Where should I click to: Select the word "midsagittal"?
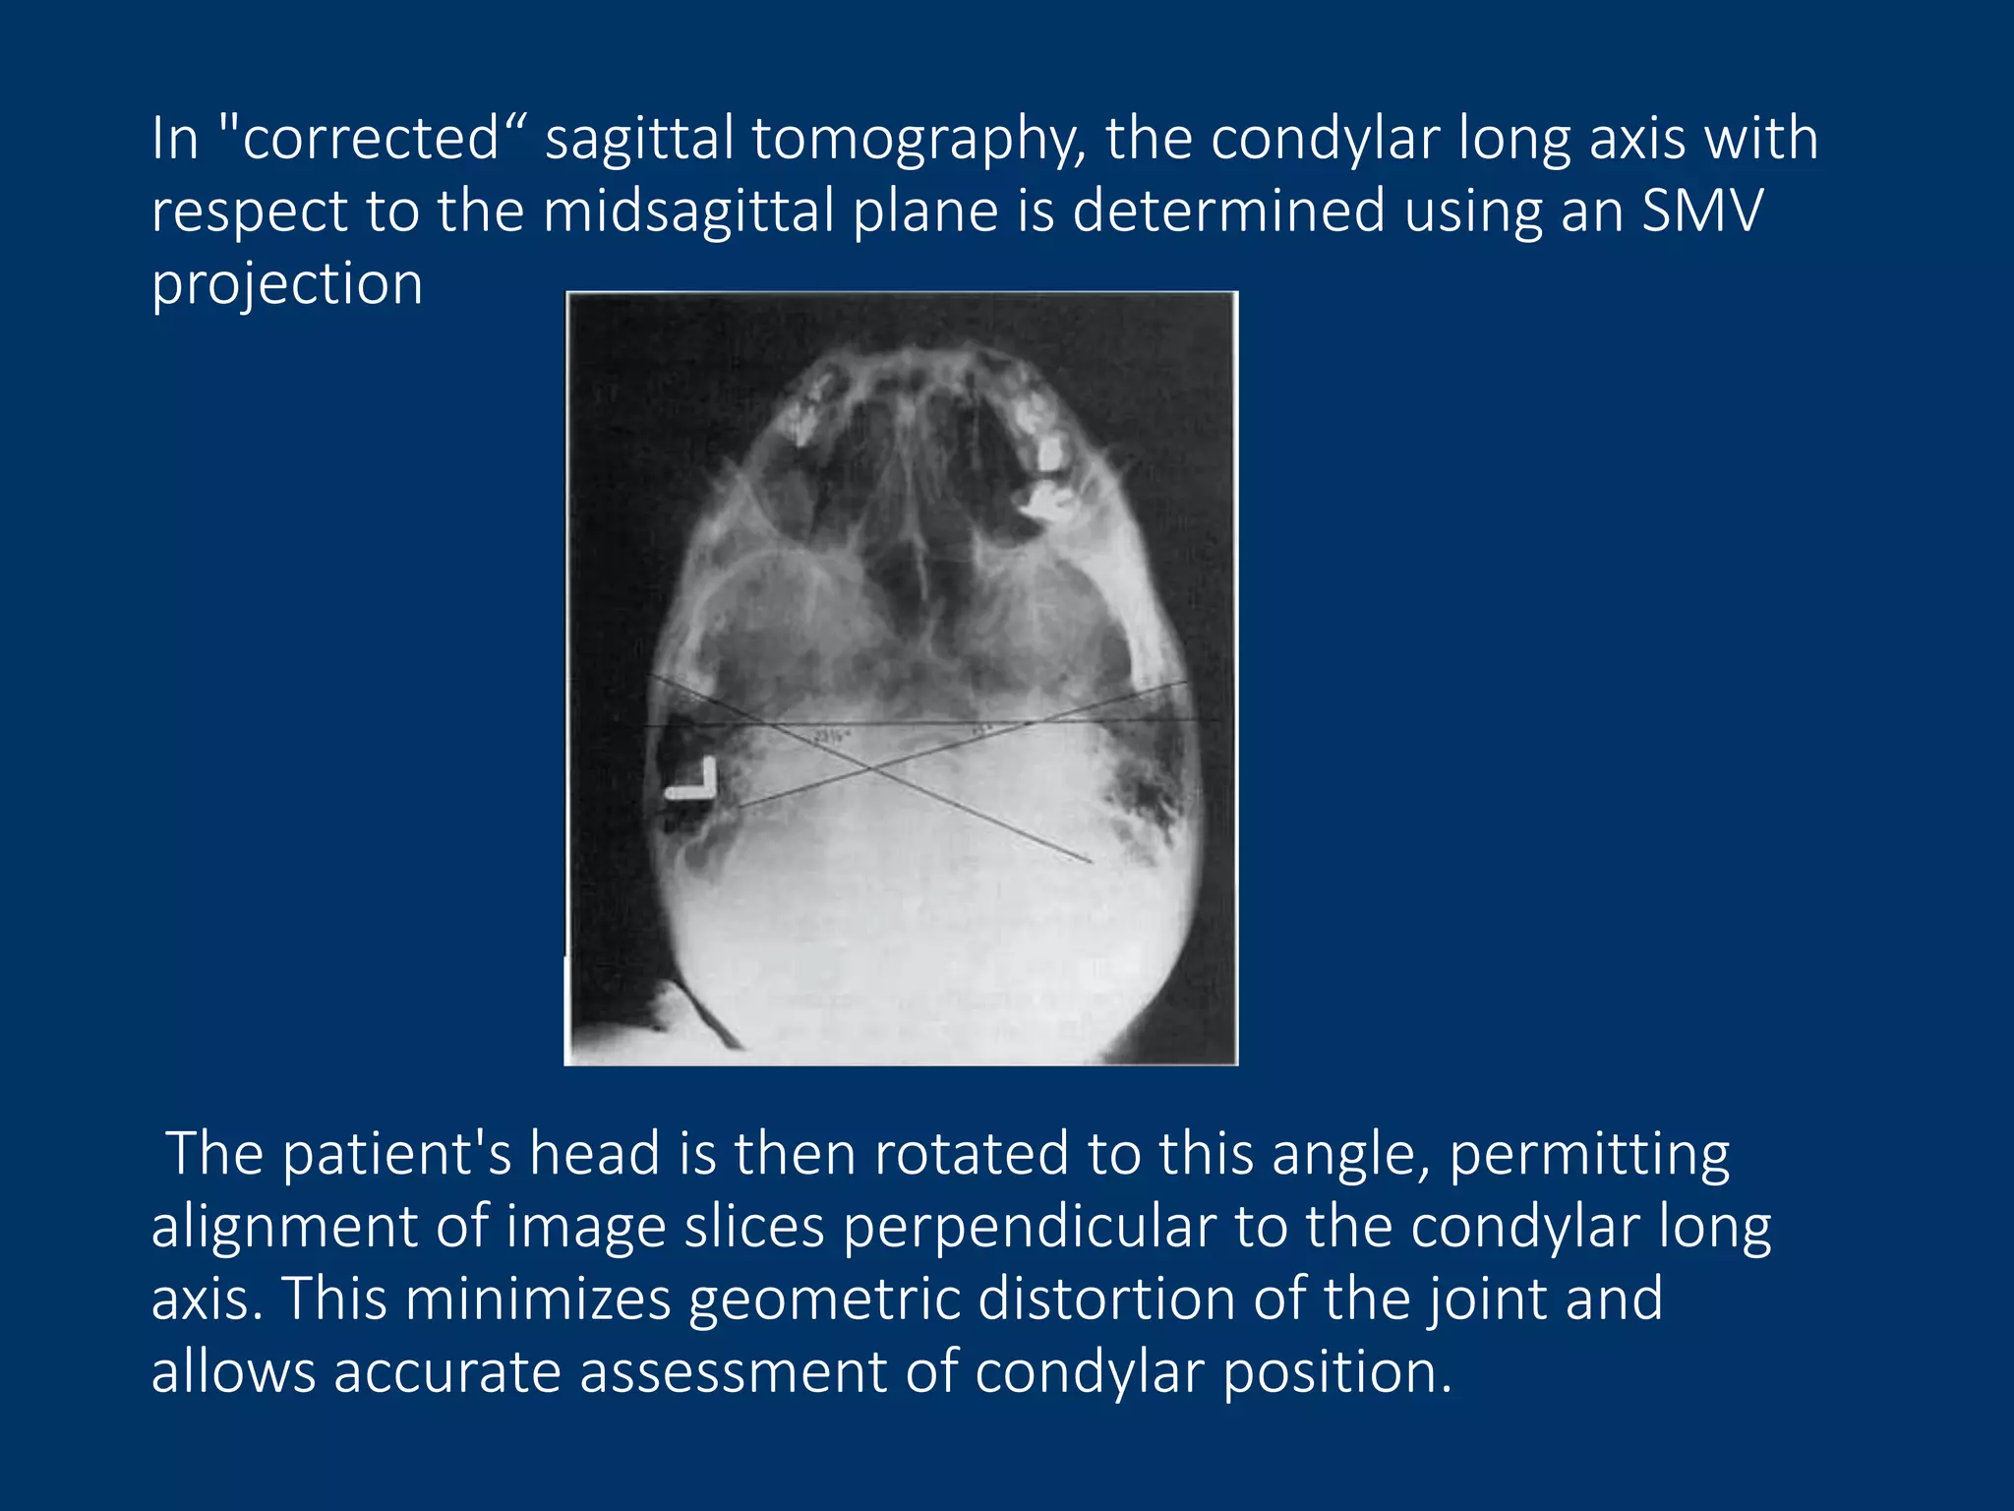pyautogui.click(x=688, y=212)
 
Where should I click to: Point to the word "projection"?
pyautogui.click(x=287, y=285)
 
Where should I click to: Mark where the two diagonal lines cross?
pyautogui.click(x=869, y=767)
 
